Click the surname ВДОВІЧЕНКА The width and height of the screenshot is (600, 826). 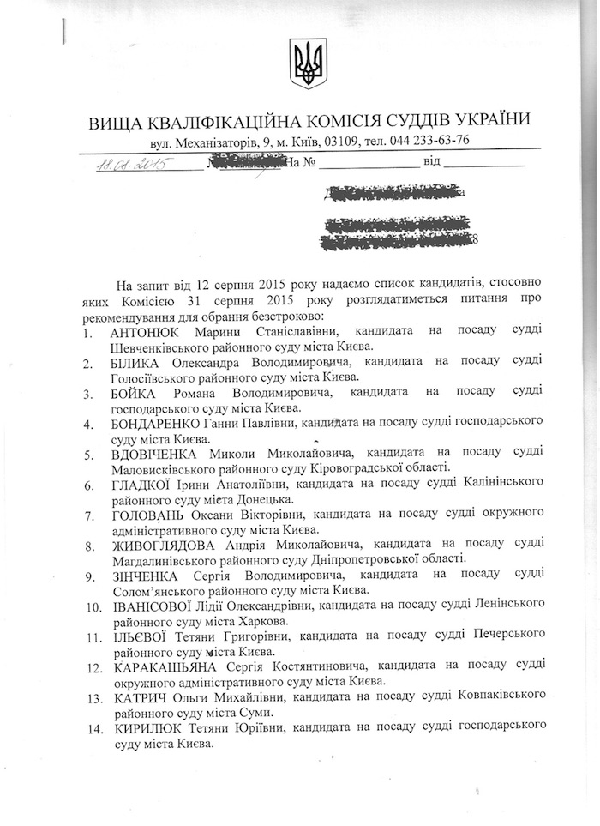pos(154,454)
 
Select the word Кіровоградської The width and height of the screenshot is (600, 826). pos(341,468)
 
